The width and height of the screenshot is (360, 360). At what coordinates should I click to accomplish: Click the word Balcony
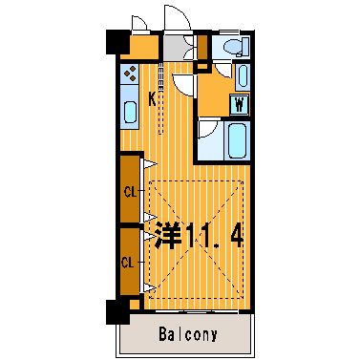coord(188,334)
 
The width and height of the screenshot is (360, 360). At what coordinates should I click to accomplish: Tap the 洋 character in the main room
coord(168,236)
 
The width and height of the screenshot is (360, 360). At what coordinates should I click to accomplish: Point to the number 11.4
coord(215,237)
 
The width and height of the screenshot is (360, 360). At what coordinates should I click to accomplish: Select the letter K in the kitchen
coord(153,99)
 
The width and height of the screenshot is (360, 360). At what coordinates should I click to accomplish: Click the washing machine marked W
coord(240,104)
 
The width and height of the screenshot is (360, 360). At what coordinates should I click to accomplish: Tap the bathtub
coord(238,140)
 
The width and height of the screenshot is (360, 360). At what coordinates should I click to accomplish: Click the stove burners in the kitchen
coord(130,74)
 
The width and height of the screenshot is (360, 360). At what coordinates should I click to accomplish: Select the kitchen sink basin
coord(130,112)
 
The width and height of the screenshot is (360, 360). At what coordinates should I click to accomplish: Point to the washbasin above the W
coord(243,76)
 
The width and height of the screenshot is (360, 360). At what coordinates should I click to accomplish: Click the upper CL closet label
coord(130,192)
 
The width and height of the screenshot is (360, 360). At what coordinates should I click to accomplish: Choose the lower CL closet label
coord(127,263)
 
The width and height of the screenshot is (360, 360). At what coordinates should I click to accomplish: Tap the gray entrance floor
coord(175,47)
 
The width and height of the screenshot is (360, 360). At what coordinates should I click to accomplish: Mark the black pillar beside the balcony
coord(118,311)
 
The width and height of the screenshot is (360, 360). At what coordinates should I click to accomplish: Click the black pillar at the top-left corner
coord(117,42)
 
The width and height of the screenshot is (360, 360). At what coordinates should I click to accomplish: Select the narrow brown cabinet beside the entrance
coord(202,46)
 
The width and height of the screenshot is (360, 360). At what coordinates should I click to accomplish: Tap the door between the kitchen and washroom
coord(183,83)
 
